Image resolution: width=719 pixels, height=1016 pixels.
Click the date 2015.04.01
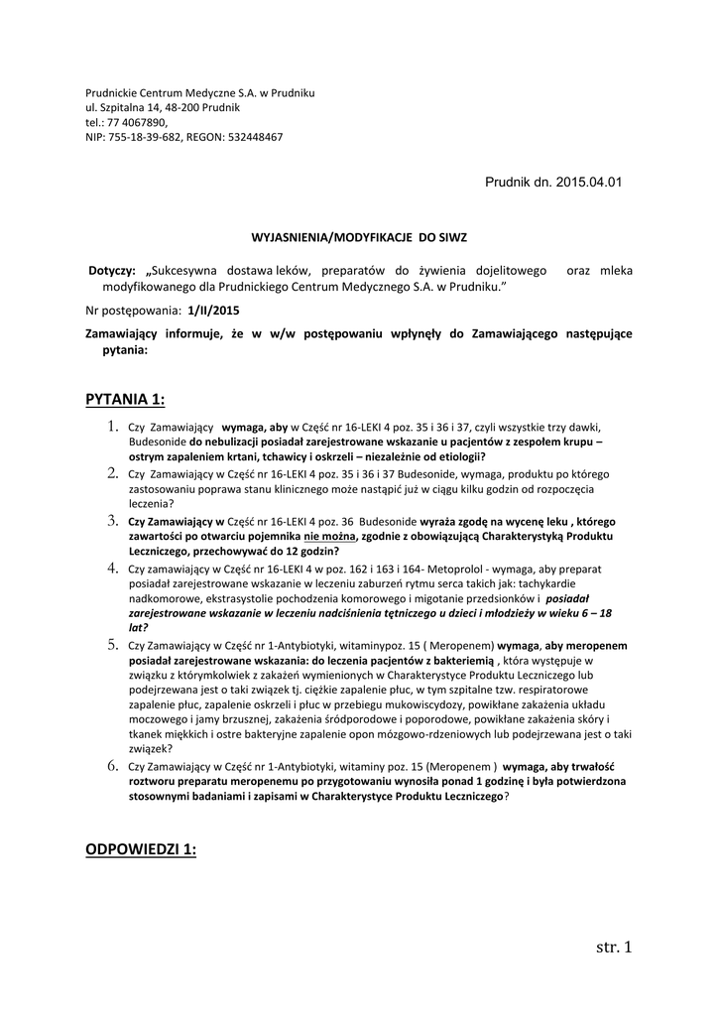click(x=590, y=185)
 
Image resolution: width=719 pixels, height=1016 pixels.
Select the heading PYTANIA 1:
click(x=125, y=399)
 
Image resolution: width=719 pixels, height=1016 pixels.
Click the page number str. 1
click(x=612, y=947)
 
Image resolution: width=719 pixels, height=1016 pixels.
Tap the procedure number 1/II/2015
click(x=213, y=311)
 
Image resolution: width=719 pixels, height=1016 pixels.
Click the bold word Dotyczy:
click(x=112, y=271)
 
